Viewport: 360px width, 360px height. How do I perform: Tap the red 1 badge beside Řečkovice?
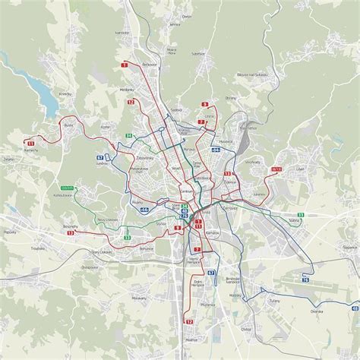coord(124,66)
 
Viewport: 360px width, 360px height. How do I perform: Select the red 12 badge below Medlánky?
coord(131,101)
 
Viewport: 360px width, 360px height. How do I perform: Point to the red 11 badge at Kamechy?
coord(31,142)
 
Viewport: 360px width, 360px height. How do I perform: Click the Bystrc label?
coord(68,125)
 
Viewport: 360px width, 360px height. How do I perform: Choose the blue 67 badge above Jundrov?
coord(99,157)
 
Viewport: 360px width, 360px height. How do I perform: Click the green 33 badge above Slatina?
coord(301,216)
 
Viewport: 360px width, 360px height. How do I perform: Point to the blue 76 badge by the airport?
coord(306,280)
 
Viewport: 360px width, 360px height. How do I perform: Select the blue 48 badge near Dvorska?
coord(355,309)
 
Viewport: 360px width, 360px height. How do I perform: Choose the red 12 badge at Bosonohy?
coord(71,233)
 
